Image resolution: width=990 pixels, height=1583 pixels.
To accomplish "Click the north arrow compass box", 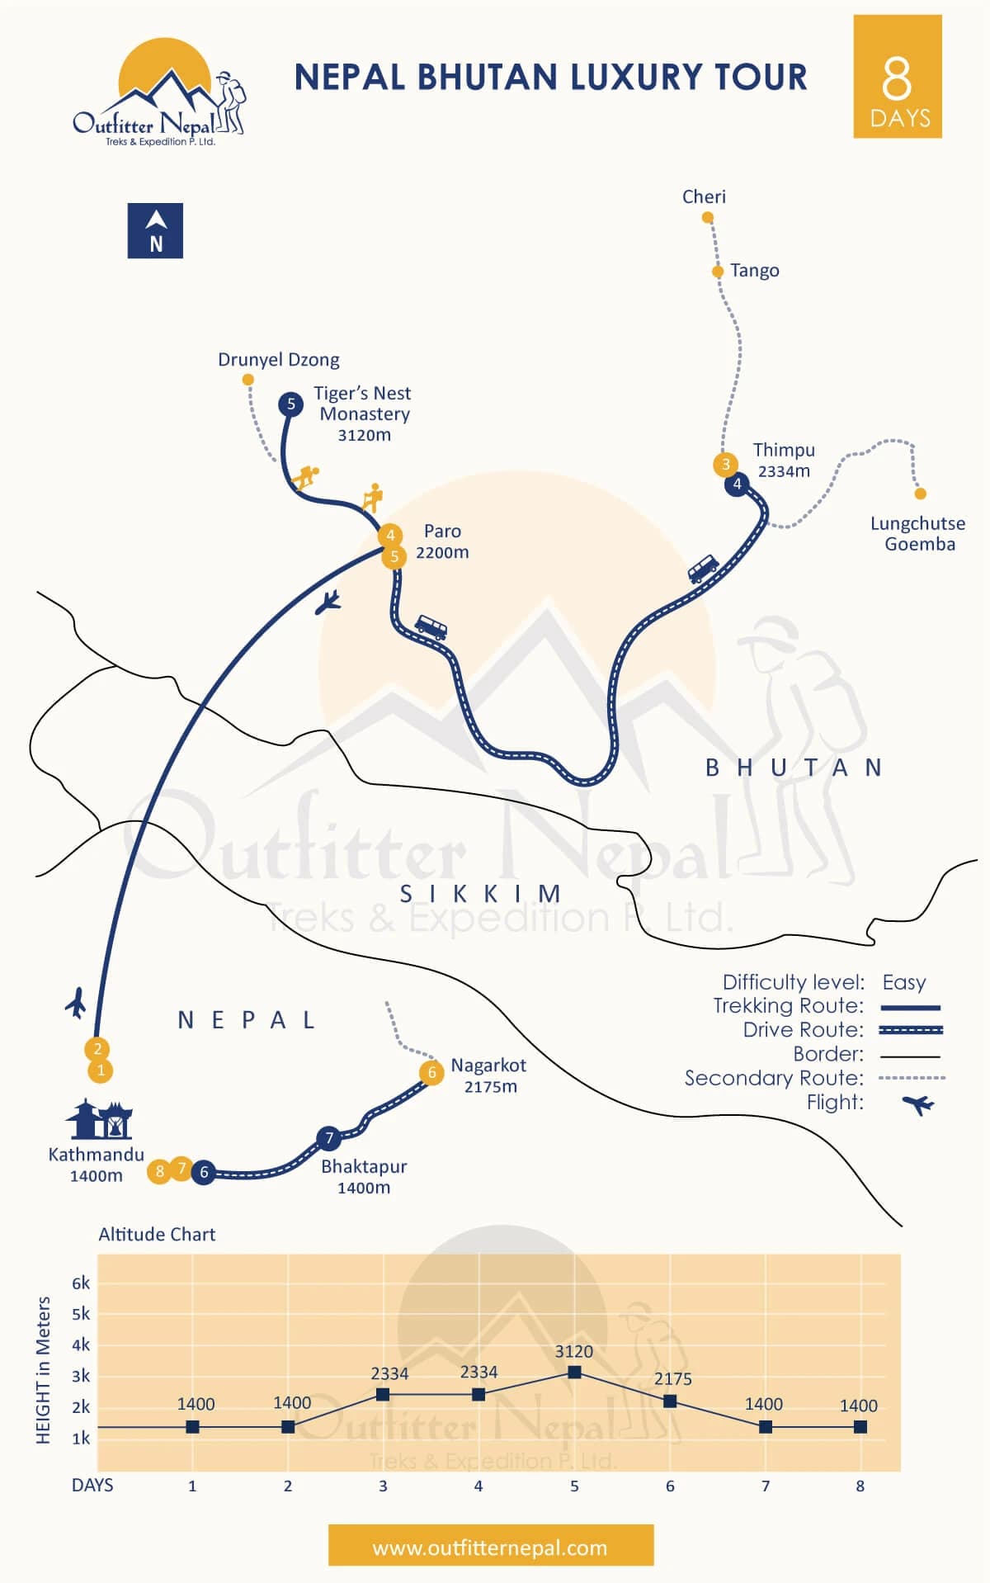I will [155, 231].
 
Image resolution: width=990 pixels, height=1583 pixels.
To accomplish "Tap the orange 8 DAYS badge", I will [898, 77].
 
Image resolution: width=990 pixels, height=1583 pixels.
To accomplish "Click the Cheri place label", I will [704, 196].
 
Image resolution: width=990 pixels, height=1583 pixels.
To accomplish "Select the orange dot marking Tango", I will [718, 272].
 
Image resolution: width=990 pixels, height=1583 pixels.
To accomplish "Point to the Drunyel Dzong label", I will [278, 360].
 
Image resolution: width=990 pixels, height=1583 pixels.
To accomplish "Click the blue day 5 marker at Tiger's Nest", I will [290, 404].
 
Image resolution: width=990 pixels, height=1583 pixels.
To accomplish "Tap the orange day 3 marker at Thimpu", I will [725, 464].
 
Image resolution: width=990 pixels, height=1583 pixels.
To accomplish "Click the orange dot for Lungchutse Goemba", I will [921, 494].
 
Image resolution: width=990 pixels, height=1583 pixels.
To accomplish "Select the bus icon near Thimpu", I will [703, 569].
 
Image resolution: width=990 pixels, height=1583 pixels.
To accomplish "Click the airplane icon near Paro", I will [328, 602].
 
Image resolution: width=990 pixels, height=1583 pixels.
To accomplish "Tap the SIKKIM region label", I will [481, 894].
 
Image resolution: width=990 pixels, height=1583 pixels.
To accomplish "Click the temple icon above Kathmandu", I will [100, 1120].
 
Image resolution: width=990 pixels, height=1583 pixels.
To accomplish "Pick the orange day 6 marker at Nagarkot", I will [431, 1073].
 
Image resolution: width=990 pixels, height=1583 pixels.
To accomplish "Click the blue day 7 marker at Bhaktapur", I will [329, 1138].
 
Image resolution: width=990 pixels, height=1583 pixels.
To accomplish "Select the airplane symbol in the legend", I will [917, 1103].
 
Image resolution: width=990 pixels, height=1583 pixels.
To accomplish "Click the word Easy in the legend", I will [903, 982].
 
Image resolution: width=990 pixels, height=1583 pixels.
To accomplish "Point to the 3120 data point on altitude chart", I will [575, 1373].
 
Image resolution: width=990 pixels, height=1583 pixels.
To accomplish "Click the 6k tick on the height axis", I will [81, 1283].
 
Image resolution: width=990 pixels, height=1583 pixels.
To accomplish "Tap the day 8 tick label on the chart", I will [860, 1486].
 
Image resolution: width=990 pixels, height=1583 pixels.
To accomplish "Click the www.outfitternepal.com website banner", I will [491, 1548].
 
